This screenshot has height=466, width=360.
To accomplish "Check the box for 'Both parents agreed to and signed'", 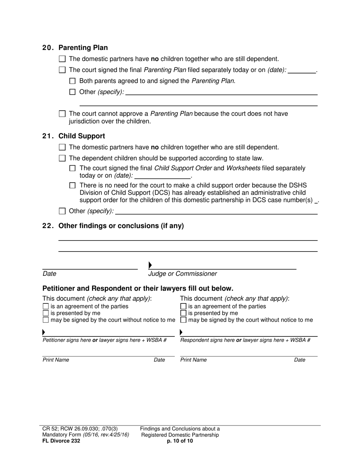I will coord(73,81).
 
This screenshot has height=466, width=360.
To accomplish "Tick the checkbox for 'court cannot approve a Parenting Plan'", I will coord(63,114).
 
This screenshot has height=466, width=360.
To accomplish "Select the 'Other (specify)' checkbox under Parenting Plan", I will coord(73,92).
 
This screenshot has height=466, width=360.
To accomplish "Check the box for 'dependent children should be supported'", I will coord(63,158).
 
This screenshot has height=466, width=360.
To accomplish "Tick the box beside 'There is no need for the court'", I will coord(73,186).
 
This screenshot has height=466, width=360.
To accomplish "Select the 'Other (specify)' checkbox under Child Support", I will coord(63,211).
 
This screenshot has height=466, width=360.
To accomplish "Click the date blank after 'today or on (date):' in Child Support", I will coord(162,175).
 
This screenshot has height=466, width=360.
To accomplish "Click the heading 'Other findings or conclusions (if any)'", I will coord(121,226).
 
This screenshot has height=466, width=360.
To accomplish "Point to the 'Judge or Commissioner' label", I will coord(183,274).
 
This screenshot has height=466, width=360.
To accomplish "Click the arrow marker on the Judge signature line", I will coord(150,265).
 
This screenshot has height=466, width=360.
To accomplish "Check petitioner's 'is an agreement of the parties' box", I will coord(46,306).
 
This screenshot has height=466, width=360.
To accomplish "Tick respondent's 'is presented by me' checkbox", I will coord(183,313).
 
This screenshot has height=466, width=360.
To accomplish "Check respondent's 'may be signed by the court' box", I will coord(183,320).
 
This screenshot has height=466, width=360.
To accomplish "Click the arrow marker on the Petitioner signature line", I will coord(44,332).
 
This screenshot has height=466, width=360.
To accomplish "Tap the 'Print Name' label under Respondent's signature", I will coord(193,360).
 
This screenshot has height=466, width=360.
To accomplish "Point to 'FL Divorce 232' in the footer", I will coord(61,441).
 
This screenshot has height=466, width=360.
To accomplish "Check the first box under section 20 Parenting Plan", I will coord(63,59).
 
